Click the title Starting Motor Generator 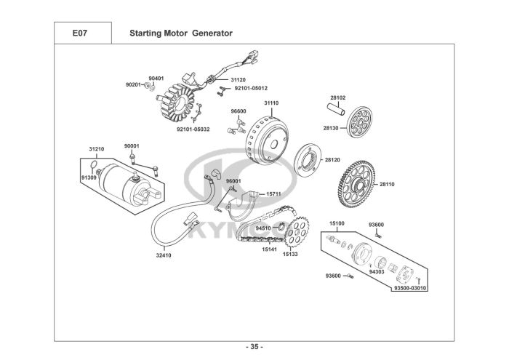180,33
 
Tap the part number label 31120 239,79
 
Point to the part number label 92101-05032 193,129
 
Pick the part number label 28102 337,97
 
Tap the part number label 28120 332,159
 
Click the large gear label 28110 387,185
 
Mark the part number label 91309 89,177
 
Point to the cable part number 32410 164,255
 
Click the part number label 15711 273,194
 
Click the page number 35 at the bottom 254,345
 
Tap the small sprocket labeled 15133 294,233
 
